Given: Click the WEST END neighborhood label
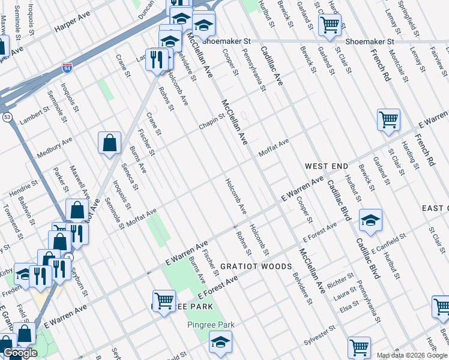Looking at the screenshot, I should pos(326,165).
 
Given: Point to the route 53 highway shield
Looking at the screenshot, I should pos(6,116).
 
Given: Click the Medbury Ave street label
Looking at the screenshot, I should pos(54,146).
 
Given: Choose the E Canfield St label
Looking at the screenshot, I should pos(388,242).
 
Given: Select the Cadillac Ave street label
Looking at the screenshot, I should pos(270,71).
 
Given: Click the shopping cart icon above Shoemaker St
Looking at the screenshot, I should pos(330,25).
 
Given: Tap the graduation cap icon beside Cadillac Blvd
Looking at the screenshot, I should pos(370,220).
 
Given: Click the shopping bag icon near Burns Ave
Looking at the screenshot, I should pos(110,143).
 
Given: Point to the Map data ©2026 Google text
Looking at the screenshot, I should pos(411,355).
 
